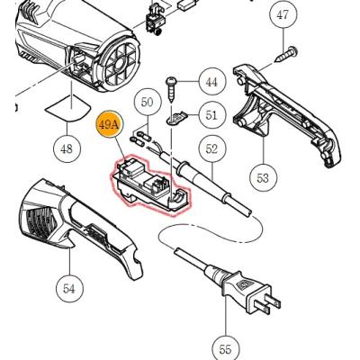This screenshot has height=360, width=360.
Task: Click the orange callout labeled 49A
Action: pyautogui.click(x=108, y=125)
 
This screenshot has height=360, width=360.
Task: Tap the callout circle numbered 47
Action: pyautogui.click(x=283, y=14)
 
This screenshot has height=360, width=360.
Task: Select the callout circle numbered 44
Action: pyautogui.click(x=211, y=82)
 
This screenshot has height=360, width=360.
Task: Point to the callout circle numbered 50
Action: pyautogui.click(x=148, y=103)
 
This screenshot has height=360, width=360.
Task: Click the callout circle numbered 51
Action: pyautogui.click(x=211, y=115)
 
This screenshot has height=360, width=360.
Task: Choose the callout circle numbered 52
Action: pyautogui.click(x=211, y=148)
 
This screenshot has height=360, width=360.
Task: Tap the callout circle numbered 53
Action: pyautogui.click(x=263, y=178)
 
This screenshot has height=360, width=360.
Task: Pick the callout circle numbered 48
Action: pyautogui.click(x=67, y=148)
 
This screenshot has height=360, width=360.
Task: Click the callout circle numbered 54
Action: pyautogui.click(x=69, y=289)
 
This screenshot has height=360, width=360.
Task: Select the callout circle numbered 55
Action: pyautogui.click(x=226, y=349)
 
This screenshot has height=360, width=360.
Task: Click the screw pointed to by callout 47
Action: pyautogui.click(x=286, y=54)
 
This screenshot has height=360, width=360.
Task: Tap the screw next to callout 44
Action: pyautogui.click(x=171, y=89)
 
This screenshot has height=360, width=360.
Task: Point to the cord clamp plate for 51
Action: pyautogui.click(x=177, y=118)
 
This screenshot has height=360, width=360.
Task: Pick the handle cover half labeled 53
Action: pyautogui.click(x=287, y=115)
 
